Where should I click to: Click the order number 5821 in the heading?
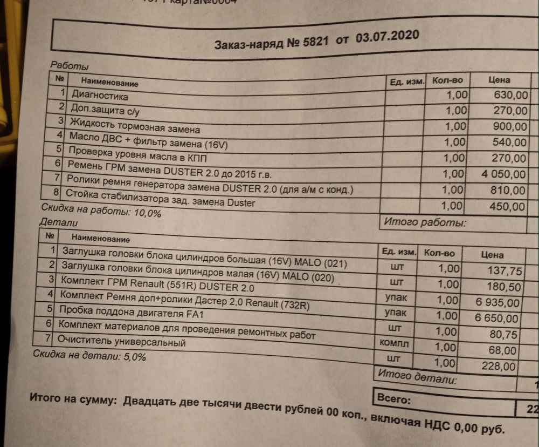(317, 42)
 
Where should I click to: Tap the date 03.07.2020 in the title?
(388, 38)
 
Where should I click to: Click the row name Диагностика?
(100, 96)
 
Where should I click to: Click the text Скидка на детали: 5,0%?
(89, 356)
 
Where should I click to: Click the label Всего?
(394, 400)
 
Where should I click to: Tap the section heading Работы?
(69, 65)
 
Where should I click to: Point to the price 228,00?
(499, 366)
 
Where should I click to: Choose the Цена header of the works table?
(499, 80)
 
